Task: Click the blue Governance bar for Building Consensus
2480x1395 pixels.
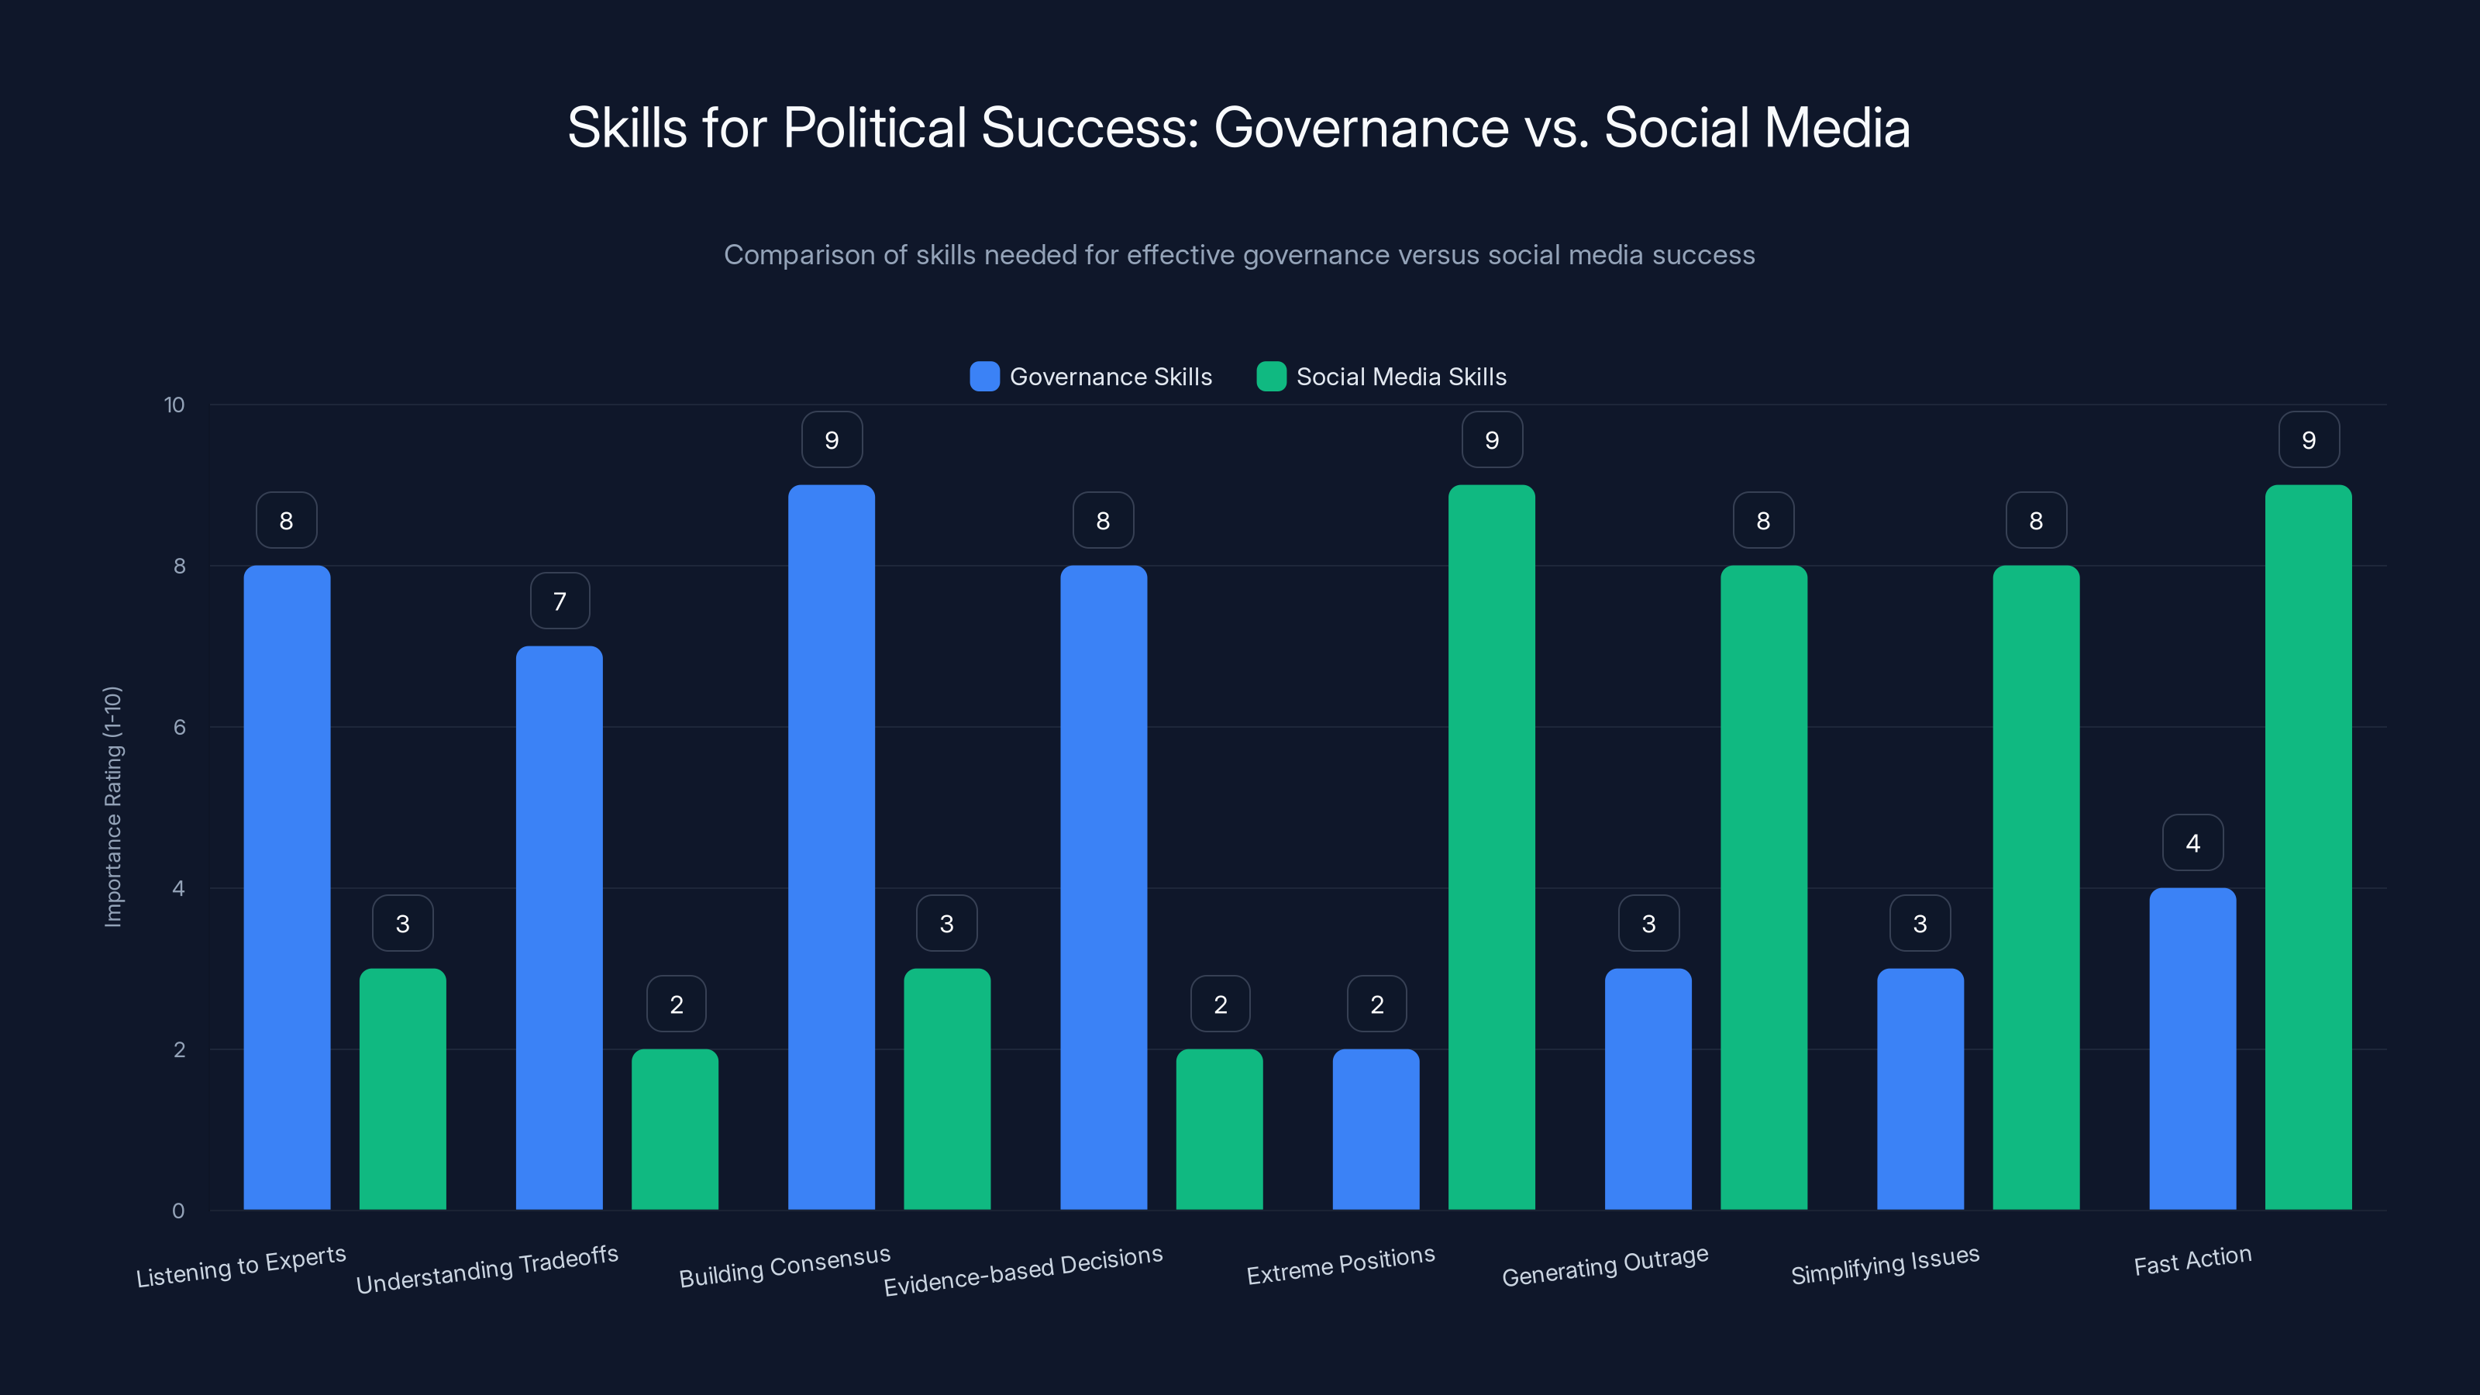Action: point(831,847)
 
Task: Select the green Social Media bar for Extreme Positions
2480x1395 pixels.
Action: point(1491,847)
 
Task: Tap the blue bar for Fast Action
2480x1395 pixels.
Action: point(2192,1049)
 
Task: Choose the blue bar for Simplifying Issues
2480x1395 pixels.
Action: point(1920,1089)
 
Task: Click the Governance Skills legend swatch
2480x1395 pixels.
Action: point(984,377)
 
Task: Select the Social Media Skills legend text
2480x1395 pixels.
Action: point(1400,377)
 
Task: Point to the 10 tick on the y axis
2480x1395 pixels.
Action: point(174,405)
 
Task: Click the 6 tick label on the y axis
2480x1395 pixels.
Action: point(179,727)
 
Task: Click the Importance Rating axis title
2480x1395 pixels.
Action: point(112,807)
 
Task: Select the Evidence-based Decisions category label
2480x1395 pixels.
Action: point(1022,1270)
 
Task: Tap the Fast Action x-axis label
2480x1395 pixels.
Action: point(2192,1260)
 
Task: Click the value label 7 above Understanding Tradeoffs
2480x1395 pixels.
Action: point(560,601)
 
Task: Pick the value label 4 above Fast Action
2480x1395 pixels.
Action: point(2192,843)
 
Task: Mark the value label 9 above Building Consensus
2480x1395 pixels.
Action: point(832,440)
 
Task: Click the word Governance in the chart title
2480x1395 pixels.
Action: point(1360,128)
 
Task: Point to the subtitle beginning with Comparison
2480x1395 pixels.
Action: point(1239,255)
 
